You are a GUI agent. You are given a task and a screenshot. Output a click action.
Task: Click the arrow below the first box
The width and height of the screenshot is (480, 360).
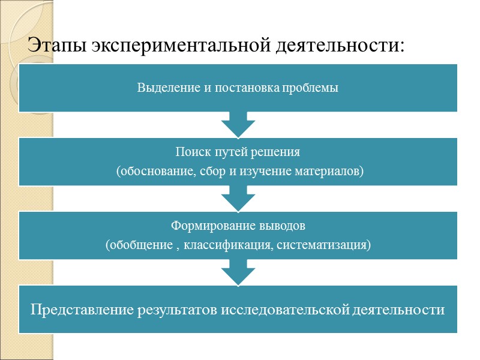(238, 124)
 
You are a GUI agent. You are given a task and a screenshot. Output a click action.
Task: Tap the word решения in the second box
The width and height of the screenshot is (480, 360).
(279, 152)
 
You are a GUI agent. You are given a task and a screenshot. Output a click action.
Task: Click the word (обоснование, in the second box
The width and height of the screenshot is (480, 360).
(152, 172)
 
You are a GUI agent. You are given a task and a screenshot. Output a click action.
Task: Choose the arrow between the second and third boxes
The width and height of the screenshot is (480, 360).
(238, 198)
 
